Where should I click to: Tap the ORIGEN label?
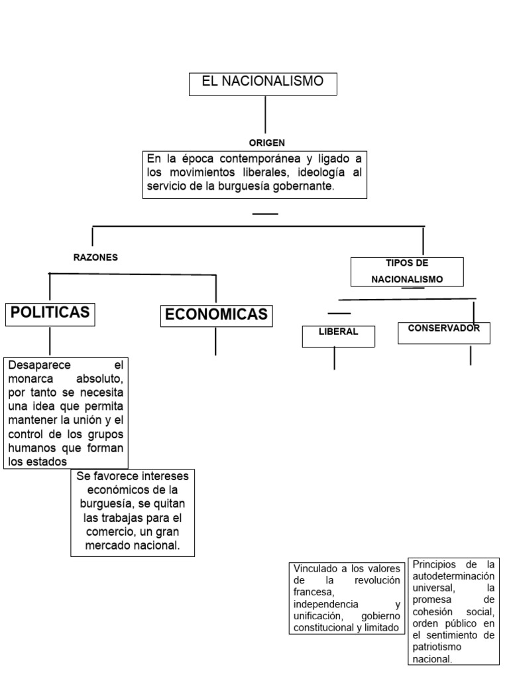pos(267,143)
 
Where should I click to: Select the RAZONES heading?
pos(95,257)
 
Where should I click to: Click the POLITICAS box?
pos(50,314)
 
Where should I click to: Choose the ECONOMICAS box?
pos(216,315)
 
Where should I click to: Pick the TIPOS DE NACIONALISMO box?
pos(407,271)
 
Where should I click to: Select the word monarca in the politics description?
pos(31,379)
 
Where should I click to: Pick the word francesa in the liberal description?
pos(311,592)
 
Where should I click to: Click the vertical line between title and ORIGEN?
pos(265,115)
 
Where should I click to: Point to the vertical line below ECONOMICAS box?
pos(215,341)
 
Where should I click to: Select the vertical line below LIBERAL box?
pos(335,358)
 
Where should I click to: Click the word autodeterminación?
pos(454,576)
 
